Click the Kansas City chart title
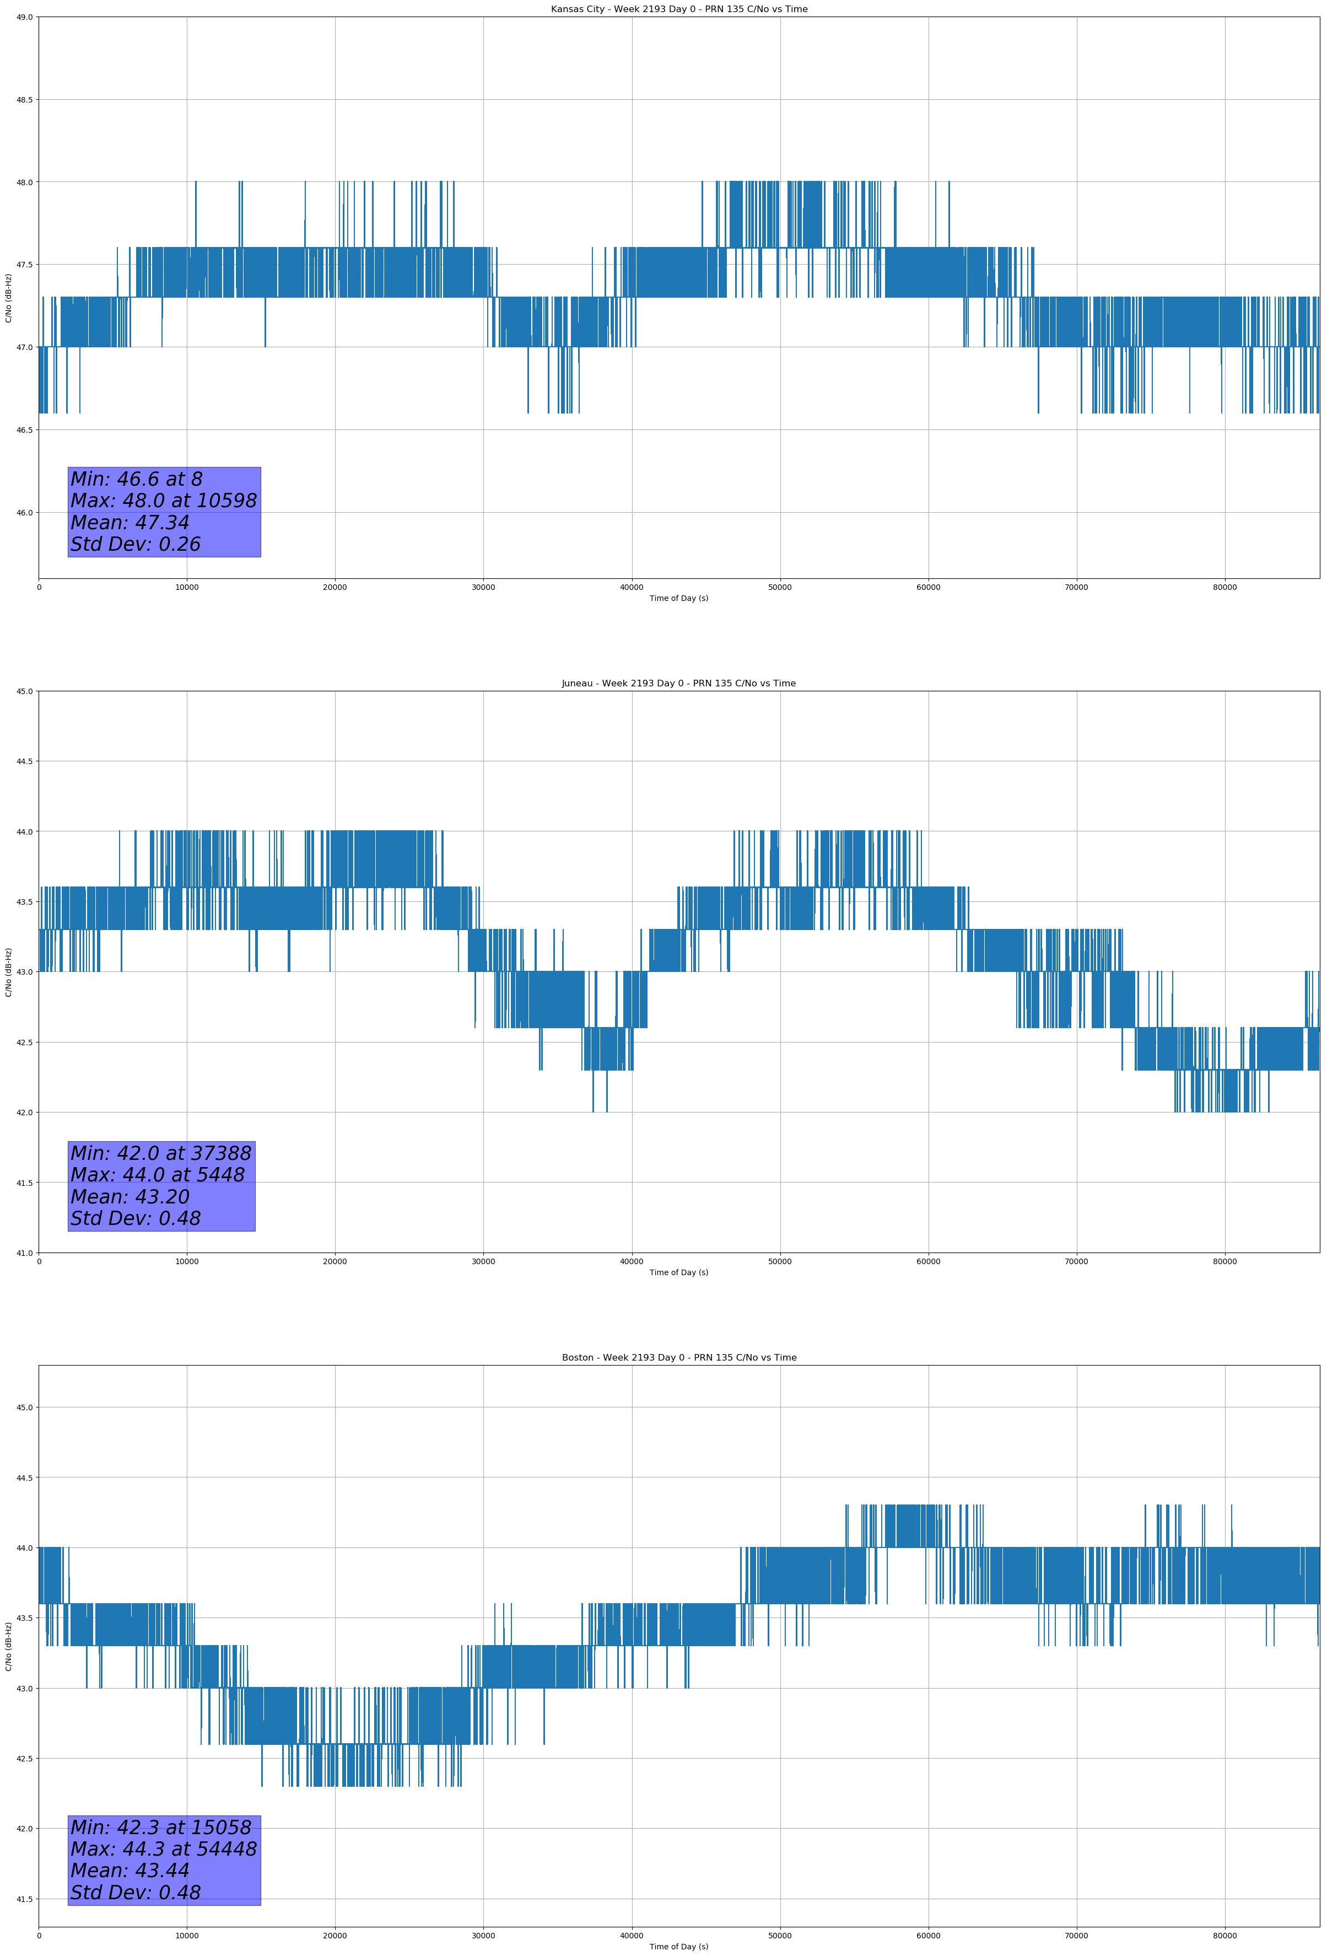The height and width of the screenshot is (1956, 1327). point(678,9)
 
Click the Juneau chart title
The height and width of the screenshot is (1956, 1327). point(678,684)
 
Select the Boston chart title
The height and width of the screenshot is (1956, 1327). point(678,1358)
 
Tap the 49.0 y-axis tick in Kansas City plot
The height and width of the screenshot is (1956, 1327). point(24,17)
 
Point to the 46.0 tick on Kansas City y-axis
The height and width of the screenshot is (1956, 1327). point(24,513)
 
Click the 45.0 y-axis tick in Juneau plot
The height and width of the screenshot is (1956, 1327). point(24,691)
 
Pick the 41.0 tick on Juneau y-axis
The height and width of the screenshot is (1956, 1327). point(24,1253)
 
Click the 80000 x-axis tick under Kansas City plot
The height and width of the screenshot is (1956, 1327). point(1224,588)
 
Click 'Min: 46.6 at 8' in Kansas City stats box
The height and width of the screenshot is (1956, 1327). point(136,479)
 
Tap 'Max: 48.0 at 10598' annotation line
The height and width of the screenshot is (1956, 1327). point(163,501)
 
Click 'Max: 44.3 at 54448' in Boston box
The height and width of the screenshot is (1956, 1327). point(163,1849)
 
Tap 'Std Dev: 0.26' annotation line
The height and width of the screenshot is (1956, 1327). point(136,545)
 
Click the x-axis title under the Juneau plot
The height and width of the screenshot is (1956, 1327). point(678,1272)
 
